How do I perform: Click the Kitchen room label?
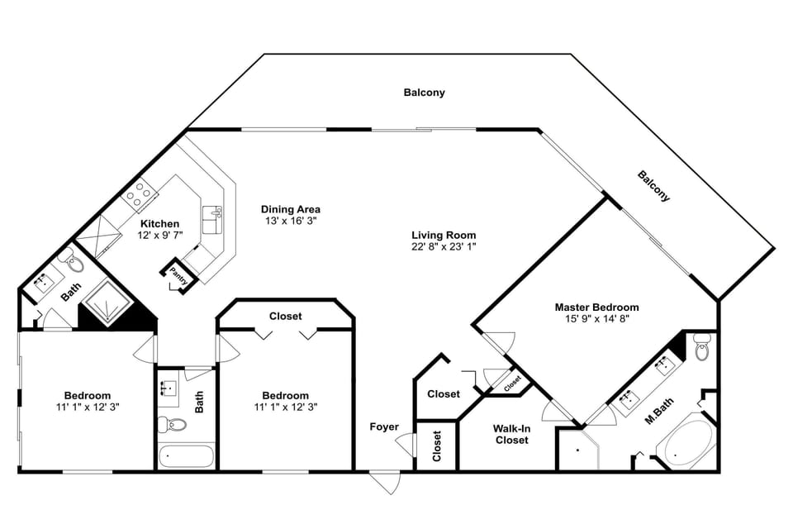click(x=159, y=224)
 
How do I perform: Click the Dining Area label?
click(x=290, y=209)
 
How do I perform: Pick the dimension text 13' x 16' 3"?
click(x=290, y=222)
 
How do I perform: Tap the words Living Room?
click(x=444, y=235)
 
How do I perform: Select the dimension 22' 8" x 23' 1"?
click(x=444, y=247)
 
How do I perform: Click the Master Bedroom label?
click(x=596, y=307)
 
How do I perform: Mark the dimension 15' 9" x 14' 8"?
click(x=596, y=320)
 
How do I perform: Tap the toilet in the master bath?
click(x=702, y=347)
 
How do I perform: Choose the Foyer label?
click(x=384, y=427)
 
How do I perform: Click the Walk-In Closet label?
click(x=510, y=434)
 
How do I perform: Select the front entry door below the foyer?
click(x=385, y=482)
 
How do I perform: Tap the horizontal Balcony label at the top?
click(x=424, y=93)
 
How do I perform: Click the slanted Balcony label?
click(x=653, y=187)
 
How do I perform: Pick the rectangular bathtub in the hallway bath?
click(x=186, y=455)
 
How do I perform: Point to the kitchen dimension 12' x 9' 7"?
click(x=159, y=236)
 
